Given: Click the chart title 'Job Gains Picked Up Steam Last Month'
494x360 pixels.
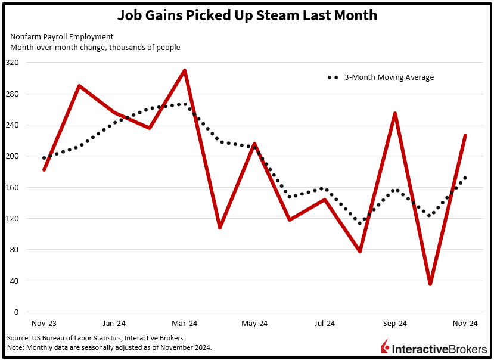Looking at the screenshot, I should (247, 15).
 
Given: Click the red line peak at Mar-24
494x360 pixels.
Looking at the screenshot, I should (185, 70).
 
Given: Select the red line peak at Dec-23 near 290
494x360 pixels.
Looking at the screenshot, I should (79, 86).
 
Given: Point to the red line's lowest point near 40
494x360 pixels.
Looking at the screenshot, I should (430, 284).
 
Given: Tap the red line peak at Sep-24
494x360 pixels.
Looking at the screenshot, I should (395, 113).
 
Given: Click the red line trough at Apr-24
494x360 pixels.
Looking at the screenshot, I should (220, 227).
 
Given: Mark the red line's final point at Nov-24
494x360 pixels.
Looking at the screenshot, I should (465, 135).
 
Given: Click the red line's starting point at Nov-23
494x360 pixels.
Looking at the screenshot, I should (44, 170).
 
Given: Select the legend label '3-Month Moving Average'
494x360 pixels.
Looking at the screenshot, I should (389, 77).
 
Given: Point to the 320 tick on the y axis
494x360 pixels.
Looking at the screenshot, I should (13, 63).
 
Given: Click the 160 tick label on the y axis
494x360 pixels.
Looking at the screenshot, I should (13, 187).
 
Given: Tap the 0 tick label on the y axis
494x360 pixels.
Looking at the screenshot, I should (16, 312).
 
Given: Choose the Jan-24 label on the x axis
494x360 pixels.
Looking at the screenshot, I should (114, 324).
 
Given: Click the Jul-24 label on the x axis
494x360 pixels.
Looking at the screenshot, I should (325, 324).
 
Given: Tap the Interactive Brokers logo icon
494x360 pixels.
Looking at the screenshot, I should (385, 347).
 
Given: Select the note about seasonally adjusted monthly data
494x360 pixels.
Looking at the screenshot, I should (109, 347).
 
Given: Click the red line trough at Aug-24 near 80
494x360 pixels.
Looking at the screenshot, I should (360, 251).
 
